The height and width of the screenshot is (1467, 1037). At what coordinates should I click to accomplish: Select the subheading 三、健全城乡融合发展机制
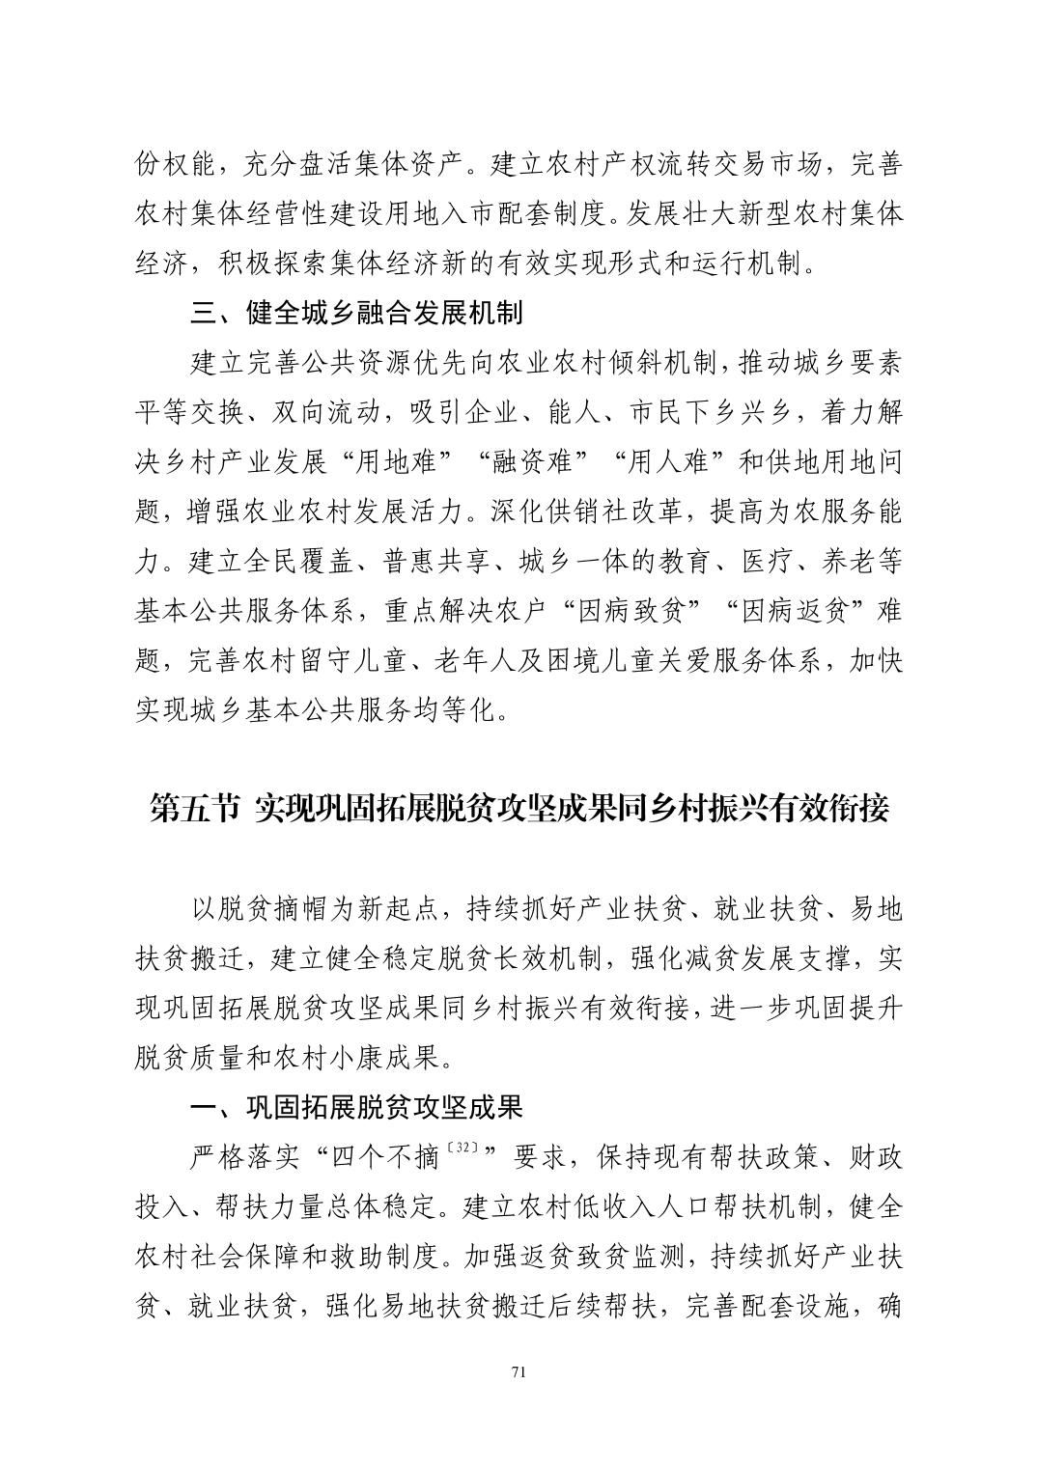[356, 313]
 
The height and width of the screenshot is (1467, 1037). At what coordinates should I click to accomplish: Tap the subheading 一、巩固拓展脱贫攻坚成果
[356, 1107]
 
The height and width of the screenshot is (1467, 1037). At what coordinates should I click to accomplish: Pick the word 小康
[344, 1057]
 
